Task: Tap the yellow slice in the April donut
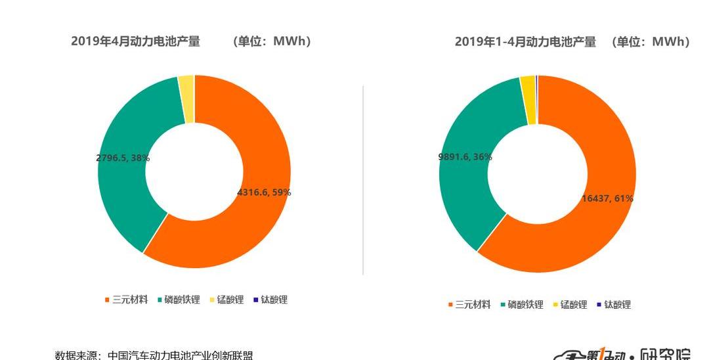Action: pyautogui.click(x=186, y=99)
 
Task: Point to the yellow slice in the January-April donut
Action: pyautogui.click(x=528, y=100)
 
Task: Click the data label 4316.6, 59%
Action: pyautogui.click(x=264, y=192)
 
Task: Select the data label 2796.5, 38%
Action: pyautogui.click(x=123, y=158)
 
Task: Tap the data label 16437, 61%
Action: pyautogui.click(x=607, y=198)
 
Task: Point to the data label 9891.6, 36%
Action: pyautogui.click(x=465, y=157)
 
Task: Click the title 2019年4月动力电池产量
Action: pyautogui.click(x=135, y=41)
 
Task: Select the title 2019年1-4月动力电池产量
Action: pyautogui.click(x=525, y=42)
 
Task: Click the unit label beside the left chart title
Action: pyautogui.click(x=272, y=41)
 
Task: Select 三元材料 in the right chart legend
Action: pyautogui.click(x=473, y=305)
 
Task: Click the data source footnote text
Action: pyautogui.click(x=154, y=355)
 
